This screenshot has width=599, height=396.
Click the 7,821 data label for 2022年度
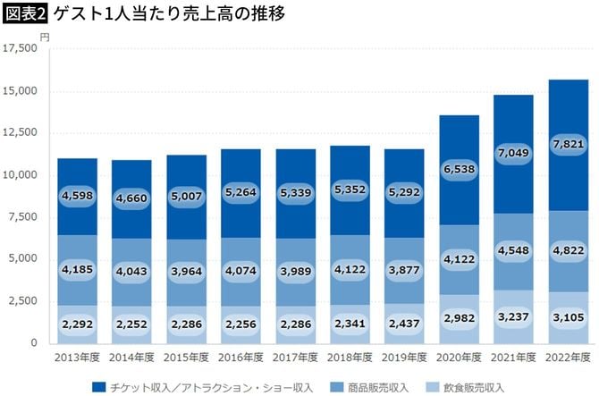(568, 145)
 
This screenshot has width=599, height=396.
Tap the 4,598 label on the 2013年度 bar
(78, 197)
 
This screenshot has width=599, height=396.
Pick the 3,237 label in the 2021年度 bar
(512, 316)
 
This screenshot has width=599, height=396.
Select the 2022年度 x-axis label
(568, 358)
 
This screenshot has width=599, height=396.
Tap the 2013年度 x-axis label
(78, 358)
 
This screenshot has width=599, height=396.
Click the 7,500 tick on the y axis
(23, 217)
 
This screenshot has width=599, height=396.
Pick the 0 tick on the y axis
(34, 343)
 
